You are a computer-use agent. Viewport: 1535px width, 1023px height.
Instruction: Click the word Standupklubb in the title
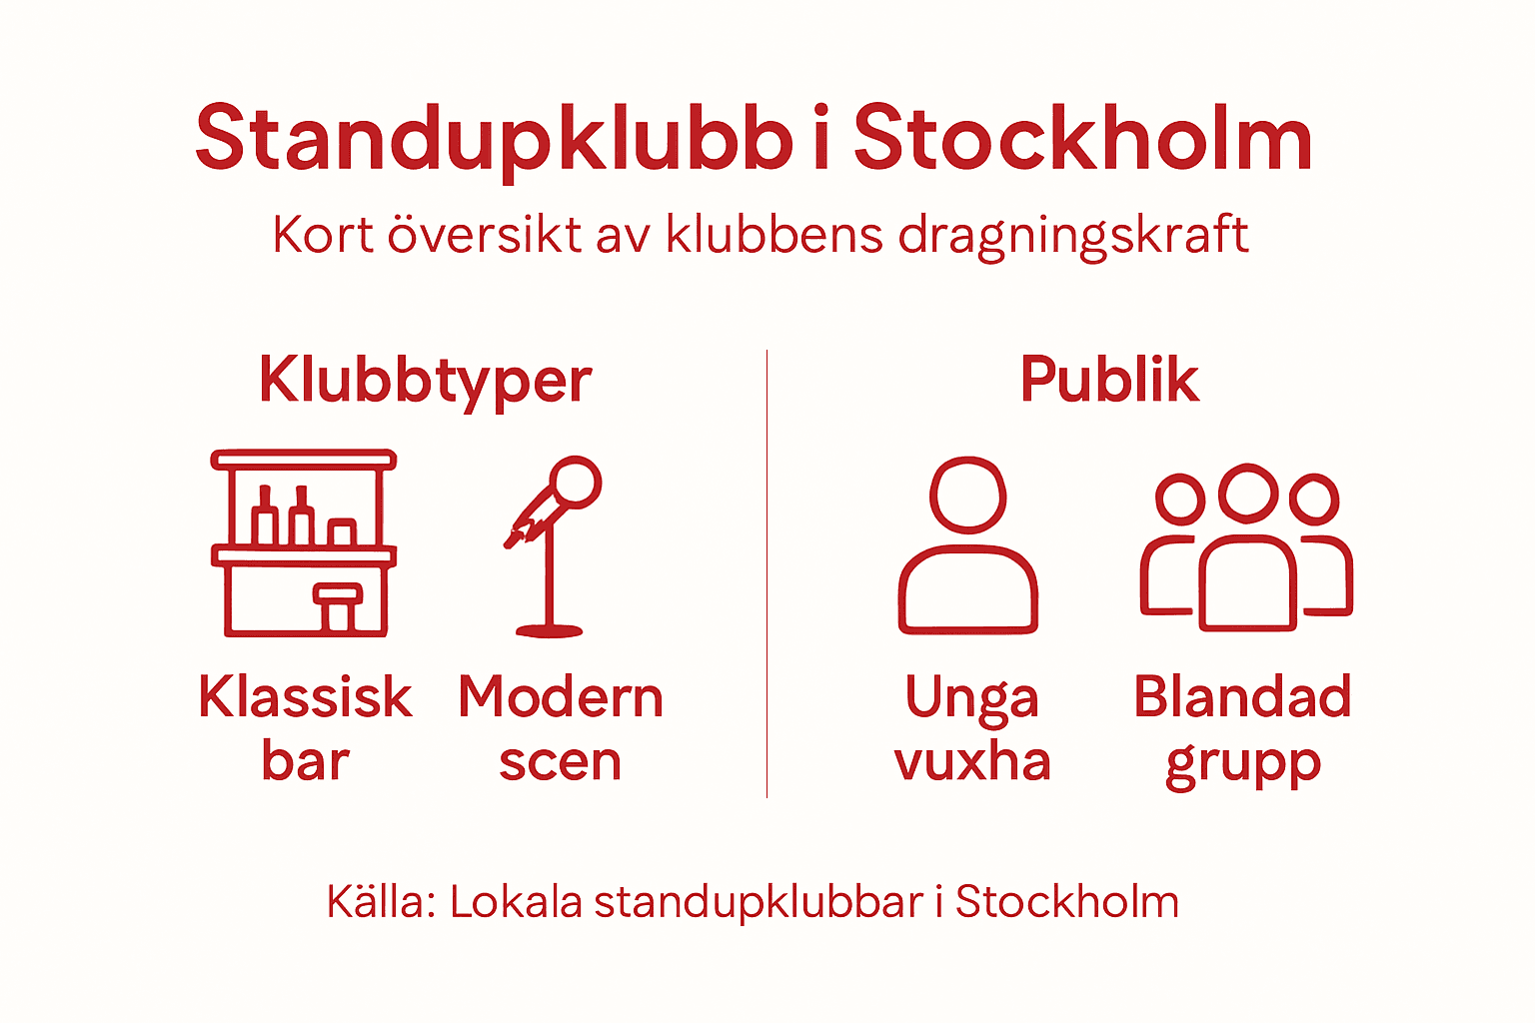[x=495, y=140]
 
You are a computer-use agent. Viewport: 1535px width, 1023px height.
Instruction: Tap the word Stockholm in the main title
[x=1082, y=140]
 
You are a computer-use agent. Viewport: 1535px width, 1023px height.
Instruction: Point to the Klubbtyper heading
[x=426, y=381]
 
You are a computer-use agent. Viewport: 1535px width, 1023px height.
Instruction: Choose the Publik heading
[x=1109, y=381]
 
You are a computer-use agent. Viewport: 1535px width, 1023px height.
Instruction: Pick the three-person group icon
[x=1246, y=547]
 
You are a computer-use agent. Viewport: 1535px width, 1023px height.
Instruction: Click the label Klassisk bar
[x=305, y=728]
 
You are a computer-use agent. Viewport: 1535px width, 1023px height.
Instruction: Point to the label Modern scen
[x=561, y=728]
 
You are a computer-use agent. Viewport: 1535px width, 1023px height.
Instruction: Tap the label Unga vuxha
[x=972, y=728]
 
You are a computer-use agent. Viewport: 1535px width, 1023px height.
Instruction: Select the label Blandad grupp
[x=1243, y=728]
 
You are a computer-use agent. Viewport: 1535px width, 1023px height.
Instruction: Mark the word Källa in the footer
[x=381, y=902]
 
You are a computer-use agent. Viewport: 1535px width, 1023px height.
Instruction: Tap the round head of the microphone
[x=576, y=483]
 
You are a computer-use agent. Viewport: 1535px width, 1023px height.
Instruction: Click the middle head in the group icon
[x=1247, y=492]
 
